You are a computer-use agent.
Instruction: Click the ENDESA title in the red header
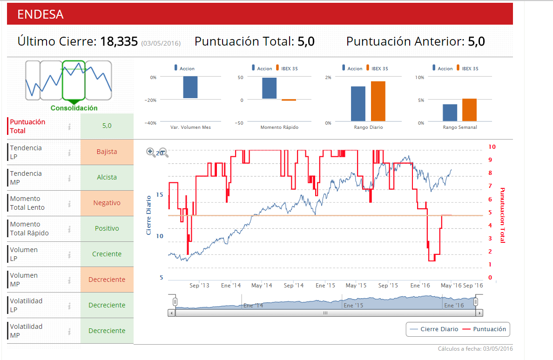[40, 14]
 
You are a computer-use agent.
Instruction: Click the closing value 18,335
[119, 42]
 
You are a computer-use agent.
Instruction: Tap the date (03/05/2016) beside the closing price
[161, 43]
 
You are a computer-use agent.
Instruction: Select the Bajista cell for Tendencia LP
[107, 152]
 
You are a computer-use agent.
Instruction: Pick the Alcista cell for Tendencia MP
[107, 177]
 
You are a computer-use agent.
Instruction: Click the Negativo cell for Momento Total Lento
[107, 203]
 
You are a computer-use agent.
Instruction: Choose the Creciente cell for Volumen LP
[107, 254]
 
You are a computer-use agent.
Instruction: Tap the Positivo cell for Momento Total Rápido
[107, 228]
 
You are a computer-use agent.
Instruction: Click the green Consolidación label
[74, 108]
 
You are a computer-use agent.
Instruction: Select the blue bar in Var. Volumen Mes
[190, 87]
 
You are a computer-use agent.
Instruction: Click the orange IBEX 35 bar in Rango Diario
[378, 101]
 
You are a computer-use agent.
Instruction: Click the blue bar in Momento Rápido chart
[269, 88]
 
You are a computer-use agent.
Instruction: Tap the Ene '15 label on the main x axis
[325, 286]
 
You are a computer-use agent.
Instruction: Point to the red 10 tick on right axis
[492, 147]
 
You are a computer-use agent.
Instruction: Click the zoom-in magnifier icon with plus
[150, 152]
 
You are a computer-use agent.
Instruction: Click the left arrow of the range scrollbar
[172, 313]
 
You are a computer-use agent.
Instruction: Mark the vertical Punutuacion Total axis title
[502, 215]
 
